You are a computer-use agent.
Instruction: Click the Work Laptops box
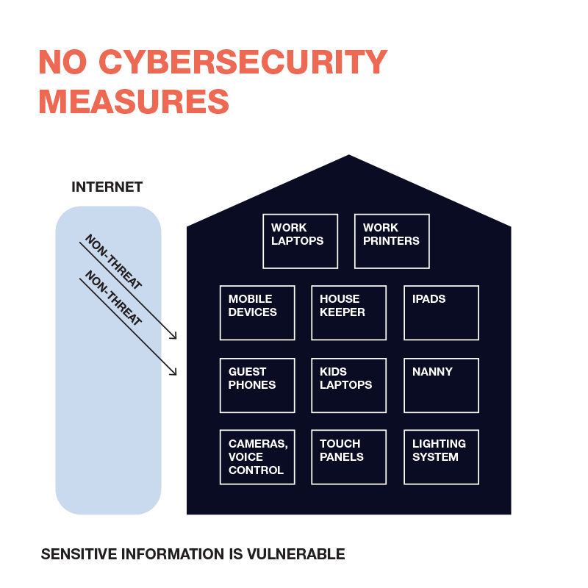pos(301,241)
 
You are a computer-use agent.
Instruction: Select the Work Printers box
pos(392,241)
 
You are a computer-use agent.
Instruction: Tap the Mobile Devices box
pos(257,313)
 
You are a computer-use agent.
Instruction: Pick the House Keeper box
pos(348,313)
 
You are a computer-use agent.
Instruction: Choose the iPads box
pos(442,313)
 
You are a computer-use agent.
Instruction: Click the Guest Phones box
pos(257,385)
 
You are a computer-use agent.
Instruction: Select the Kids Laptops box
pos(348,385)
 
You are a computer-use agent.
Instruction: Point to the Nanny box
pos(442,385)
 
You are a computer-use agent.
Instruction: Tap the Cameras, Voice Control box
pos(257,457)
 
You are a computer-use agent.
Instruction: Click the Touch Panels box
pos(348,457)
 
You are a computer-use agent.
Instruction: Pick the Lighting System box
pos(442,457)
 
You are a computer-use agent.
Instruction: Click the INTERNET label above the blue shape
pos(107,187)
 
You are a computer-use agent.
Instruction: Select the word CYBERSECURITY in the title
pos(243,62)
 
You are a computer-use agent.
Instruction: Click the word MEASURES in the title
pos(134,101)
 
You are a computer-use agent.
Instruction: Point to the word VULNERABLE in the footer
pos(296,554)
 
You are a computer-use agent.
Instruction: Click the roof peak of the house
pos(348,155)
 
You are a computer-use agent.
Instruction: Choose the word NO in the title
pos(63,62)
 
